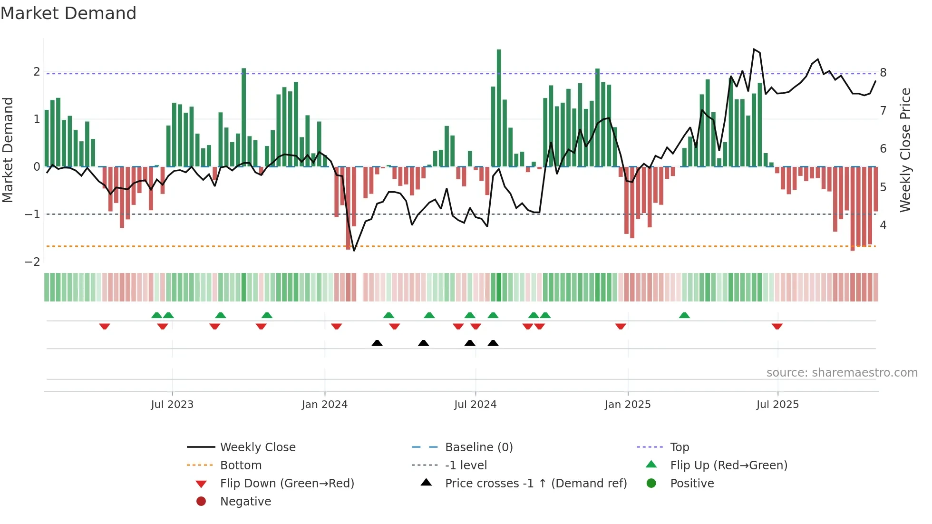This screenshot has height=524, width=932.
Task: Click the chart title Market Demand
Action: [x=68, y=13]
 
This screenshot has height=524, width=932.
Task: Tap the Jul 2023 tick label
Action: [x=172, y=405]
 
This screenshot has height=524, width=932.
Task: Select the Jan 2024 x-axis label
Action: [x=325, y=405]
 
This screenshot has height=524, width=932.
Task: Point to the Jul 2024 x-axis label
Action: [x=475, y=405]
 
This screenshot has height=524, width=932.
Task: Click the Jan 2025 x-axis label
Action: [x=628, y=405]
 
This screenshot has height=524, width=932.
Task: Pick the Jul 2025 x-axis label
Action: [x=777, y=405]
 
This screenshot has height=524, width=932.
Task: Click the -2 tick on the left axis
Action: [x=32, y=262]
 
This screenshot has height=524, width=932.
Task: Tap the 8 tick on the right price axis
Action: [x=883, y=73]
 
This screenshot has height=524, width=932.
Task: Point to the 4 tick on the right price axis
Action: [x=883, y=225]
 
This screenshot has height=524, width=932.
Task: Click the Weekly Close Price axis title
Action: [x=905, y=150]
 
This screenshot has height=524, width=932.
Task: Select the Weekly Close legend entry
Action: [x=257, y=447]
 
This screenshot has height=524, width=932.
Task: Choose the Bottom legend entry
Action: [x=241, y=466]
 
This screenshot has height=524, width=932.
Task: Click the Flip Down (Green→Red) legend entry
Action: [x=287, y=484]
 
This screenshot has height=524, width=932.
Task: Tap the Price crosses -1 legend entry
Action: [x=535, y=484]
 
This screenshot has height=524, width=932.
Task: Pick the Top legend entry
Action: [x=680, y=447]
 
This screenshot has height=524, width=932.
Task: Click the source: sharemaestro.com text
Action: [x=842, y=373]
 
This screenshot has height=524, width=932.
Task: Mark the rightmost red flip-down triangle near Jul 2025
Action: [x=777, y=326]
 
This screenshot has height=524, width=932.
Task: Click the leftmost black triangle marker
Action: [x=377, y=343]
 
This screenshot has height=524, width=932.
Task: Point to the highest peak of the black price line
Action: [x=754, y=49]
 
